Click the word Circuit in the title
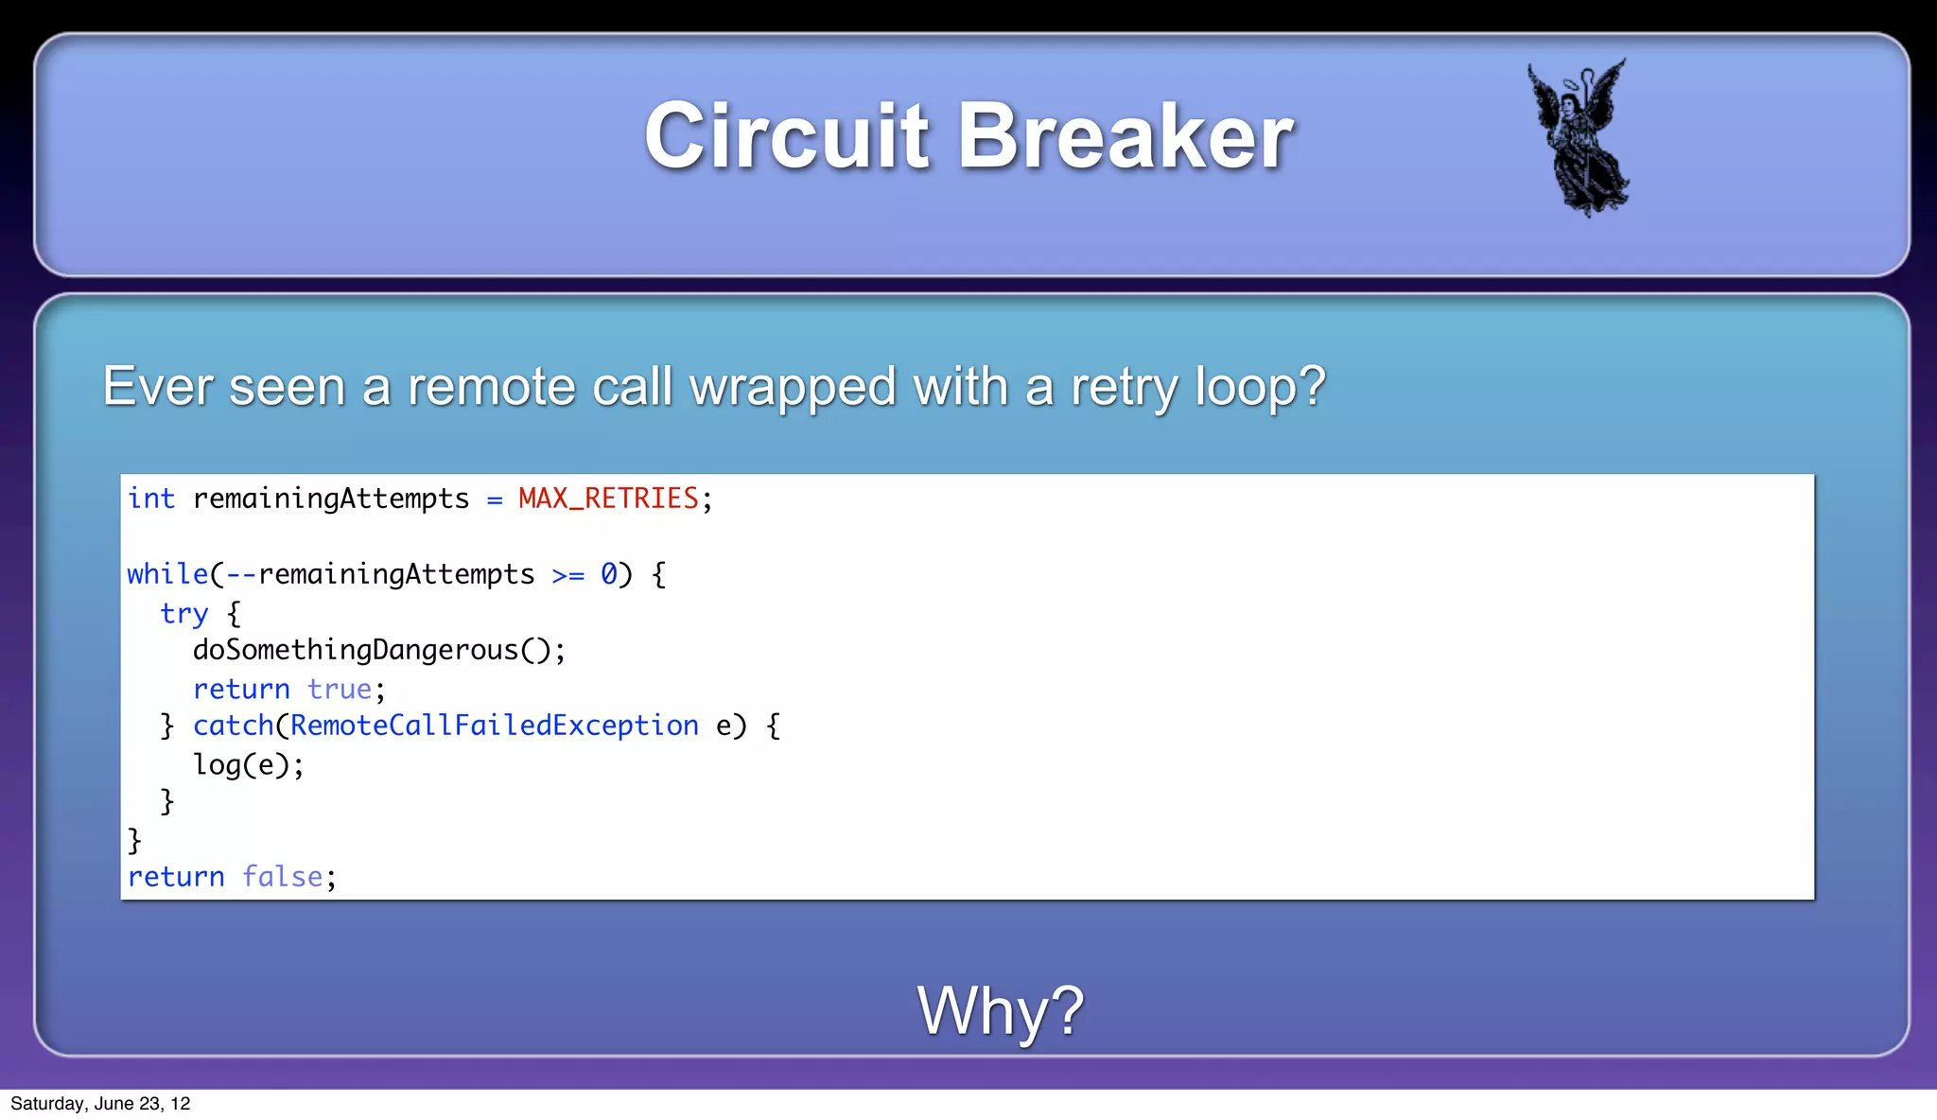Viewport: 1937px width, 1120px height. pos(786,136)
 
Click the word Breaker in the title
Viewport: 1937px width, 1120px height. pos(1125,136)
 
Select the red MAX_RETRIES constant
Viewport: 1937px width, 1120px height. pos(608,499)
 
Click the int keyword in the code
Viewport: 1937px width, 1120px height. pos(151,499)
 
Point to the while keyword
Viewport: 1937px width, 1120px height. pos(167,574)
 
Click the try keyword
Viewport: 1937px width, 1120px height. pos(183,614)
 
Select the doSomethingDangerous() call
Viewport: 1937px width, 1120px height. pos(378,651)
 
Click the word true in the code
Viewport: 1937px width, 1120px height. pos(340,690)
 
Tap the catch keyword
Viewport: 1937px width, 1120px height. pos(233,726)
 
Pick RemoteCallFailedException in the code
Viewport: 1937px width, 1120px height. pos(494,726)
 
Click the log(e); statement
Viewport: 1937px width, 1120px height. pos(248,764)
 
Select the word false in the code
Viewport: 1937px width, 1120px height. pos(282,877)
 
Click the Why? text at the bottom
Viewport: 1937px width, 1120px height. pos(1000,1010)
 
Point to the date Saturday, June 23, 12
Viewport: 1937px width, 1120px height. pos(100,1104)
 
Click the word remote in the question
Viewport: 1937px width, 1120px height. pos(492,387)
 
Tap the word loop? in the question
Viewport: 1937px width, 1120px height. pos(1260,387)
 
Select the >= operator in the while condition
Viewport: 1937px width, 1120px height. pos(568,575)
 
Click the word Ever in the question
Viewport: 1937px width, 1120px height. pos(157,387)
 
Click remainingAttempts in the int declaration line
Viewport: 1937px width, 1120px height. pos(331,499)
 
